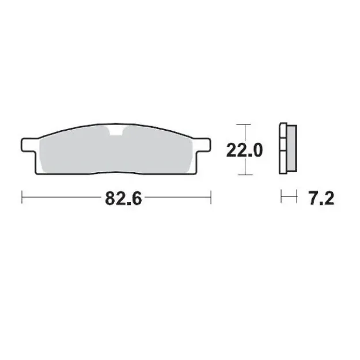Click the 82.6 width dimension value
[123, 199]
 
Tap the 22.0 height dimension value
[244, 151]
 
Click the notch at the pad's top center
[118, 132]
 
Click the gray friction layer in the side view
[291, 150]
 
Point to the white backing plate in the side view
[282, 150]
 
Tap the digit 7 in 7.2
[313, 199]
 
